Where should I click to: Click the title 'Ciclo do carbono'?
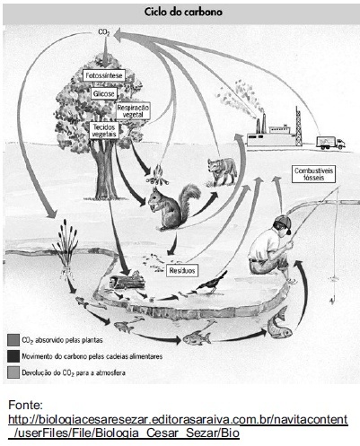click(x=183, y=12)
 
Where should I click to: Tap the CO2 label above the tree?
click(x=104, y=31)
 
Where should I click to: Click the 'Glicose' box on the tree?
click(x=104, y=93)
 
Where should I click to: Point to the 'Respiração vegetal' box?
click(x=133, y=111)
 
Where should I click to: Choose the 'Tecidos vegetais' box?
click(x=104, y=130)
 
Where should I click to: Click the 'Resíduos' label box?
click(x=182, y=271)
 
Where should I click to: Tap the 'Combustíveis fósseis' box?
click(x=313, y=174)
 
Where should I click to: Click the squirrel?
click(x=173, y=206)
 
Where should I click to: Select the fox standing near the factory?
click(x=222, y=171)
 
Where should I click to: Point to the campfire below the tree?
click(x=156, y=176)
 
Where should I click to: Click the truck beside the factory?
click(x=330, y=143)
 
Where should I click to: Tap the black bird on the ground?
click(x=212, y=283)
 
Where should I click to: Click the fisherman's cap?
click(x=283, y=223)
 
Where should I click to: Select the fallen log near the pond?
click(x=127, y=281)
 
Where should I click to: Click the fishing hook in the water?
click(x=332, y=301)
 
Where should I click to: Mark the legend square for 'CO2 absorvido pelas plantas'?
click(x=13, y=340)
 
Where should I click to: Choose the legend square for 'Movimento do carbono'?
click(x=13, y=356)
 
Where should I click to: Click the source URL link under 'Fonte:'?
click(x=178, y=426)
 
